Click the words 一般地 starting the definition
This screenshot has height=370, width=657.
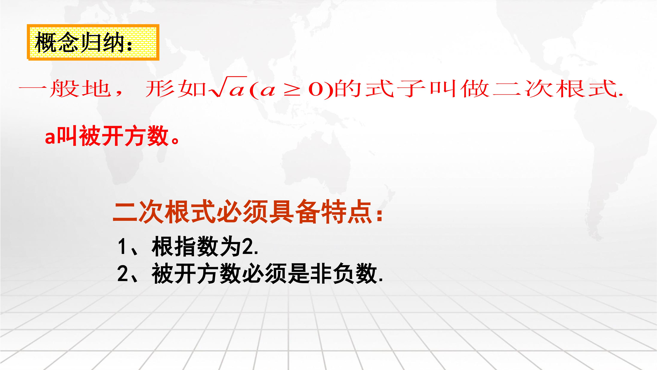pyautogui.click(x=65, y=89)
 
